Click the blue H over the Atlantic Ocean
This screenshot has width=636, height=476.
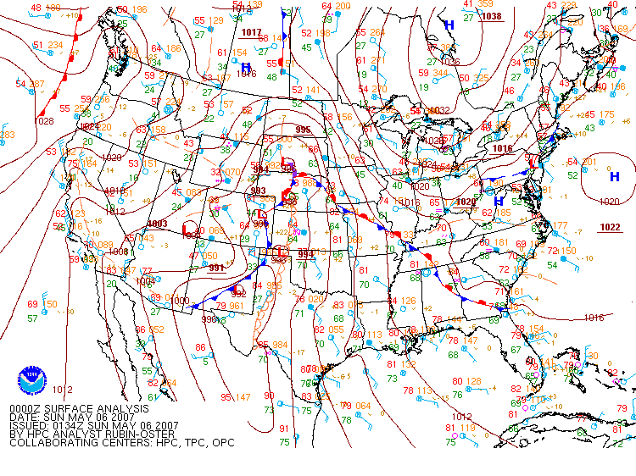pos(614,176)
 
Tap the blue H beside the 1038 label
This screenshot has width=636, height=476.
pos(449,25)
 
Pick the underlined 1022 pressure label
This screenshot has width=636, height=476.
pos(609,227)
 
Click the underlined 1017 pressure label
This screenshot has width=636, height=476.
pos(251,32)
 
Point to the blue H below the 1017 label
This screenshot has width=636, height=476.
pos(246,67)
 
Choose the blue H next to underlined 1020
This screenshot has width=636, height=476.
pos(499,200)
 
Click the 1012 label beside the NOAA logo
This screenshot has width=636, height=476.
pos(62,390)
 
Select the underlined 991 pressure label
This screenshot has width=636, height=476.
pos(217,268)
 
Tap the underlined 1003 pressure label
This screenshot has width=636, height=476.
pos(157,224)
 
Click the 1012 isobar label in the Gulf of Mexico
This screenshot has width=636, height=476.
pos(461,417)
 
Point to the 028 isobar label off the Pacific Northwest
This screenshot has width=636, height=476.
pos(46,121)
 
